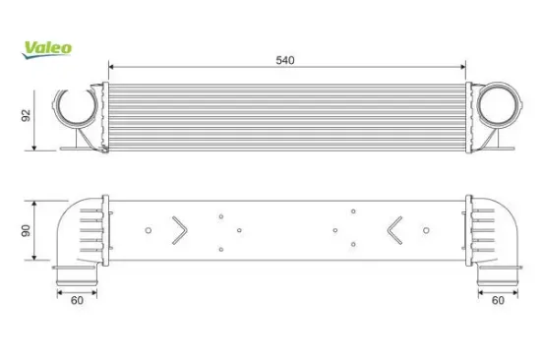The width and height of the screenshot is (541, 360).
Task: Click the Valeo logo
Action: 47,50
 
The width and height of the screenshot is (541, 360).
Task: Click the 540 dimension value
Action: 285,60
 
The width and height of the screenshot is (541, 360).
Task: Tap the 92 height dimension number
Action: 26,116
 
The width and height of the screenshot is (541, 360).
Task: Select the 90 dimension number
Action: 26,230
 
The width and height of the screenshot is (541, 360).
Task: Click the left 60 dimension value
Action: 77,301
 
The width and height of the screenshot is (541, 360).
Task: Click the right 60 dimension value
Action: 498,301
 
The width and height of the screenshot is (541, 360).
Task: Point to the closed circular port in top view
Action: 499,105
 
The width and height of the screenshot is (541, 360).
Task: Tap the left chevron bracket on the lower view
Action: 180,230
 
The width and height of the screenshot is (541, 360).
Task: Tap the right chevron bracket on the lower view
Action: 394,230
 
